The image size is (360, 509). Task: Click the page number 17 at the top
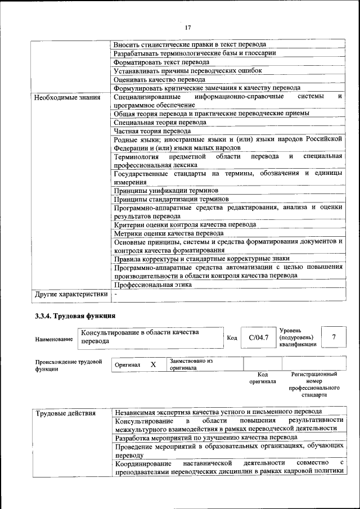[188, 26]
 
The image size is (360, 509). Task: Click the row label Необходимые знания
[67, 97]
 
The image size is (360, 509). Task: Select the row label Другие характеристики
[71, 294]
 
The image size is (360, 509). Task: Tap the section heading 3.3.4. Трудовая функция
[75, 316]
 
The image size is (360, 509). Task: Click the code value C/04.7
[258, 337]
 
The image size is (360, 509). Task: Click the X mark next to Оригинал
[153, 364]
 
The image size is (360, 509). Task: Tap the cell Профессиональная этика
[152, 285]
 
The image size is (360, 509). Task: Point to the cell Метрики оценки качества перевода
[169, 233]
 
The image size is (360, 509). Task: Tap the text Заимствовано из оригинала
[191, 364]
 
